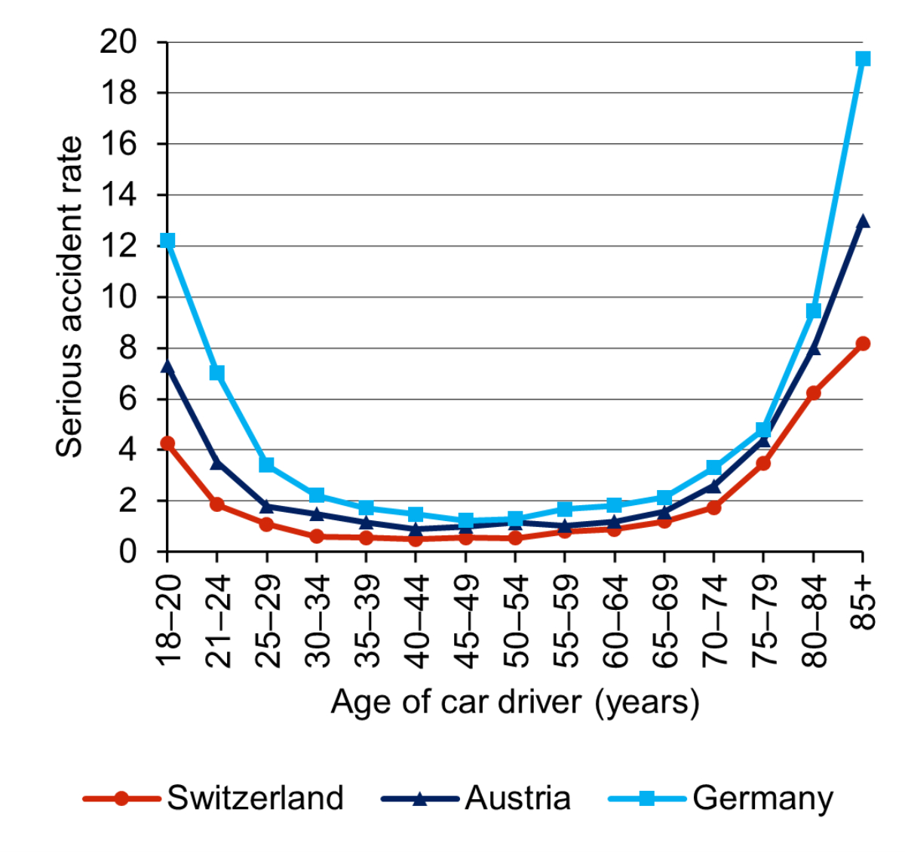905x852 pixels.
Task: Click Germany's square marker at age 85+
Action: (x=863, y=59)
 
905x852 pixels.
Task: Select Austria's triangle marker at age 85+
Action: (x=863, y=222)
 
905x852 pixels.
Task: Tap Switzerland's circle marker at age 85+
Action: (x=863, y=344)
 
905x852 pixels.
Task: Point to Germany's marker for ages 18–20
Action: (x=167, y=241)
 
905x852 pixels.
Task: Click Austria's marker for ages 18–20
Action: (x=167, y=366)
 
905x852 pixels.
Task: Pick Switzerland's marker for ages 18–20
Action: (x=167, y=443)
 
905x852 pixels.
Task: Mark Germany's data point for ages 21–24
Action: (x=217, y=373)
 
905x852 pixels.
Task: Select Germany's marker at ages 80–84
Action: (x=813, y=311)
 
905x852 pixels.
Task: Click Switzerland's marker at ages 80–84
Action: (x=813, y=393)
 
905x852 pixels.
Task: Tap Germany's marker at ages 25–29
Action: (x=267, y=464)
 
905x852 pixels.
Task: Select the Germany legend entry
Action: (x=721, y=798)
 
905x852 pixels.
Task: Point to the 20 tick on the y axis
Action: (x=118, y=42)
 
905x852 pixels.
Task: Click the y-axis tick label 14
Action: (x=118, y=195)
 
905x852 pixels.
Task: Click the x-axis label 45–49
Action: (x=466, y=621)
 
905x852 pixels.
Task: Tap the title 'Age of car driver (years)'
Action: (x=515, y=702)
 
